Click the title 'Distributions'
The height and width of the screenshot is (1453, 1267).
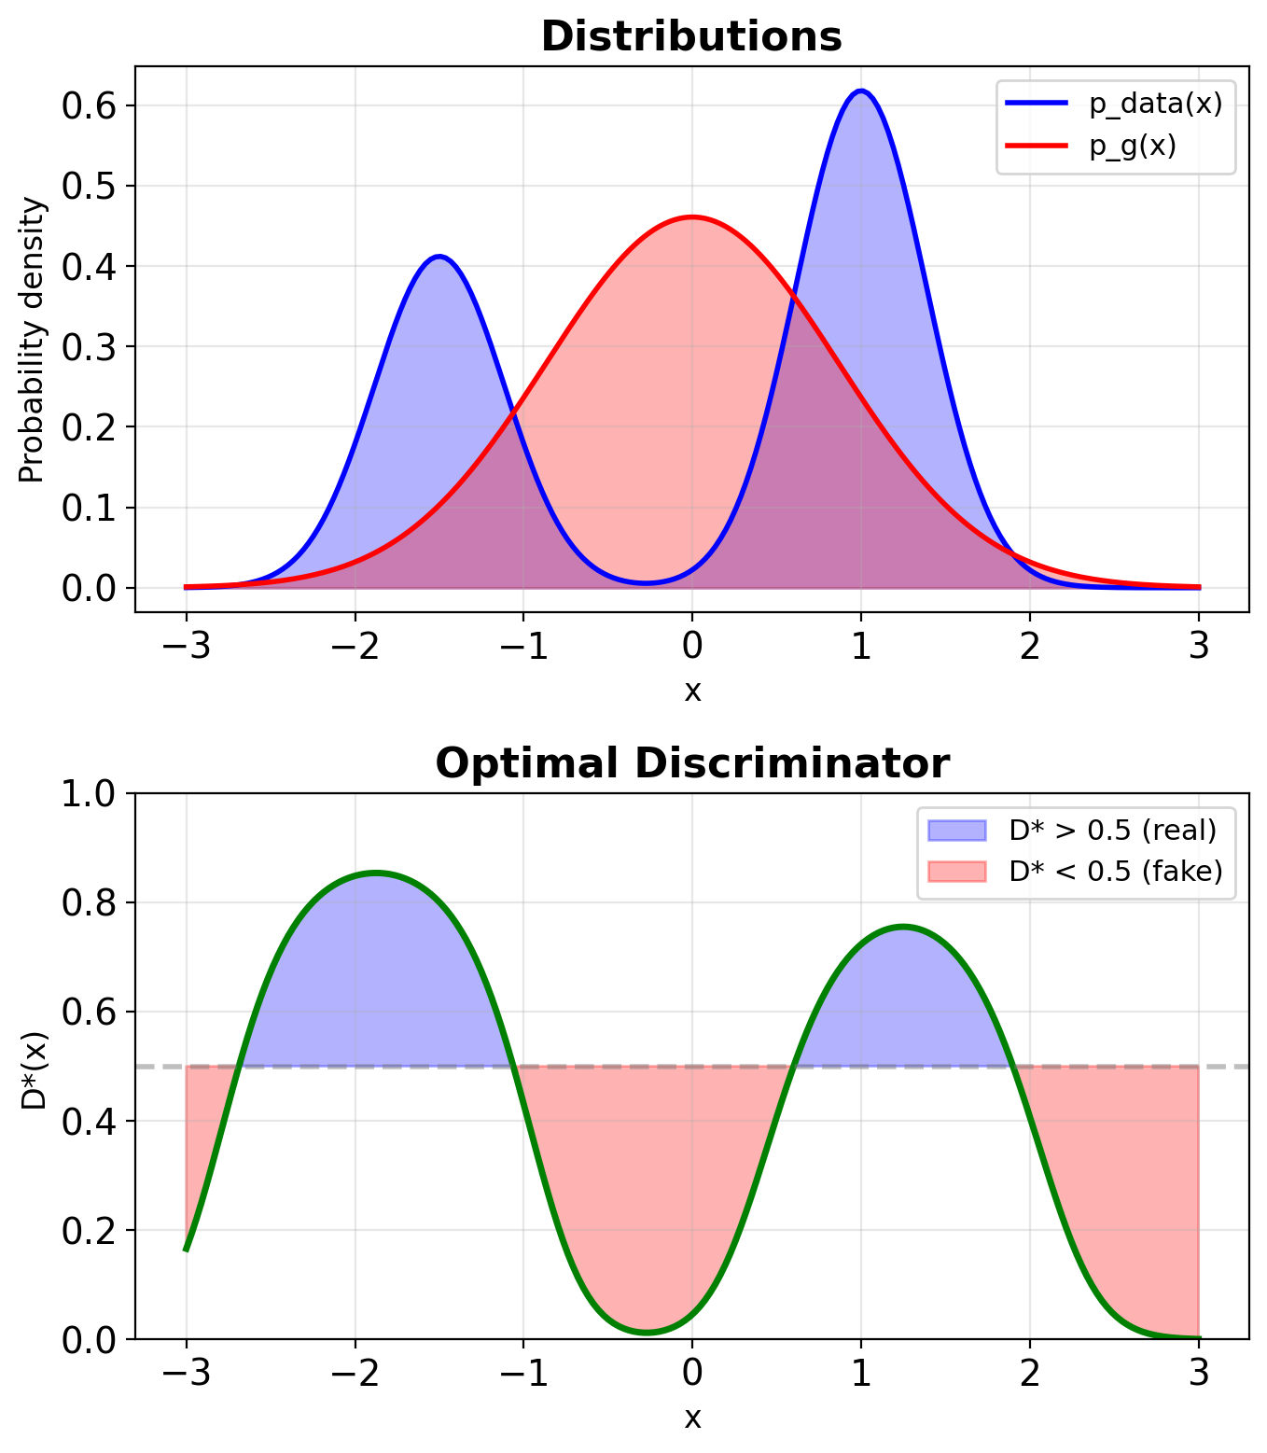691,37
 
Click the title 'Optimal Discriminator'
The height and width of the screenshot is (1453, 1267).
691,764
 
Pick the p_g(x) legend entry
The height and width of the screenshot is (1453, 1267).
1133,146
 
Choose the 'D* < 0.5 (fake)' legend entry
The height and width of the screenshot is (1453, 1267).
1116,872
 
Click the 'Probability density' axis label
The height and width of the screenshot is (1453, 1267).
32,340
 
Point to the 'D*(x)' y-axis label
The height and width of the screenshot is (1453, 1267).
34,1069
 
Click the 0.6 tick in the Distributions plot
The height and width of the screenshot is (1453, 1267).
87,105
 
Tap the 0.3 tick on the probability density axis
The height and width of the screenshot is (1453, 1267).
87,347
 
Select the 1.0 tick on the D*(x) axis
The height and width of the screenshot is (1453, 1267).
87,794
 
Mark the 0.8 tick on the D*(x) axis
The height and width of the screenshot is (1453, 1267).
87,903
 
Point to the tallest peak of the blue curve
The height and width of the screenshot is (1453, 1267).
860,91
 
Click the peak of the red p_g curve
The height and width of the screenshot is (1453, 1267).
691,217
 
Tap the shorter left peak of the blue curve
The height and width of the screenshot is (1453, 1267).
439,257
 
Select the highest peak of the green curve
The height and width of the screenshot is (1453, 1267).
375,873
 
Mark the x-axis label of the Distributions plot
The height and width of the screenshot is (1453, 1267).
691,692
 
